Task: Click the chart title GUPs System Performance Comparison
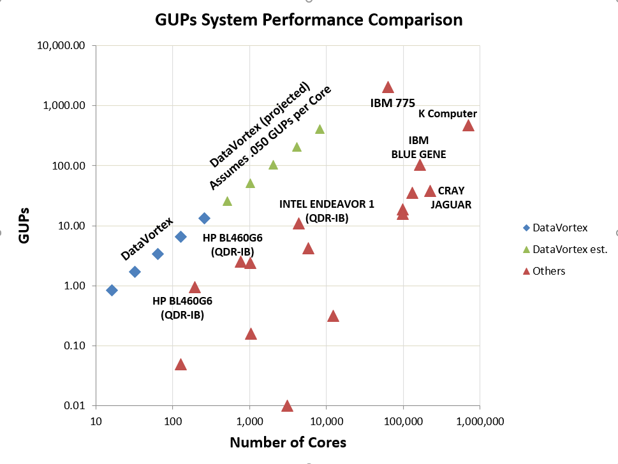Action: pyautogui.click(x=309, y=20)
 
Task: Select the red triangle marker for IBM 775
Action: pyautogui.click(x=388, y=87)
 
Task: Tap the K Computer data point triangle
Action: pyautogui.click(x=468, y=126)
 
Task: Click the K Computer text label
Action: pyautogui.click(x=448, y=113)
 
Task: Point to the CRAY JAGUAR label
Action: pyautogui.click(x=451, y=198)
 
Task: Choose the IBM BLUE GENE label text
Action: pyautogui.click(x=418, y=147)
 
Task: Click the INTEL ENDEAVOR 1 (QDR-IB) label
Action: pyautogui.click(x=327, y=210)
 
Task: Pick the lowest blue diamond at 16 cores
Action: pyautogui.click(x=112, y=290)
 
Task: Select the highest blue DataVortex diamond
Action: pyautogui.click(x=204, y=218)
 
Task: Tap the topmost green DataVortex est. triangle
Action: pyautogui.click(x=320, y=129)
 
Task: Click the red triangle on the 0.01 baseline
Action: pyautogui.click(x=287, y=406)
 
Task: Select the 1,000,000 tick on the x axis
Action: pyautogui.click(x=480, y=421)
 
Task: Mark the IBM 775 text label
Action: pyautogui.click(x=393, y=102)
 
